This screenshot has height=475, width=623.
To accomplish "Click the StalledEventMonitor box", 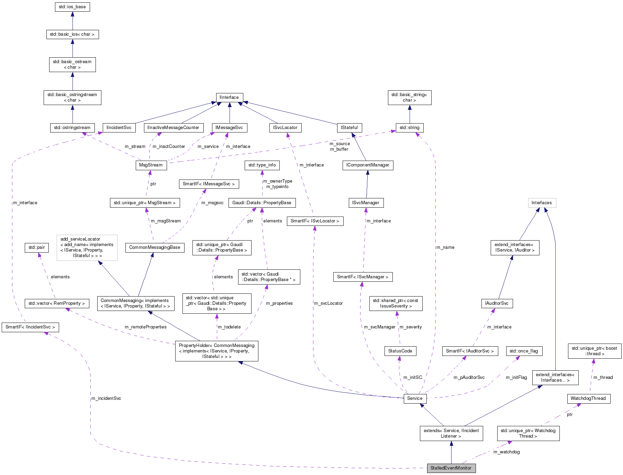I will pos(451,468).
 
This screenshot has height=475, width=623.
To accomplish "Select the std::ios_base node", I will pos(73,7).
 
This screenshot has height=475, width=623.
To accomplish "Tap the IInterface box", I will pos(229,97).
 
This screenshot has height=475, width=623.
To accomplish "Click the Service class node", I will pos(415,398).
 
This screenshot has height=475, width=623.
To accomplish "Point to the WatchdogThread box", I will pos(588,398).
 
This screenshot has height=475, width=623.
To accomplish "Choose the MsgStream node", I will pos(151,165).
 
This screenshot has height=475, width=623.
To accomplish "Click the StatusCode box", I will pos(400,351).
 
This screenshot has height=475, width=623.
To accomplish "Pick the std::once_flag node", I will pos(524,351).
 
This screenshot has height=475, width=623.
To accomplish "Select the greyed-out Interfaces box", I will pos(542,203).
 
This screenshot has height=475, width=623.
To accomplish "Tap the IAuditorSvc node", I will pos(497,303).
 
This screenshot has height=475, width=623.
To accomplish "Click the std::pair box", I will pos(36,247).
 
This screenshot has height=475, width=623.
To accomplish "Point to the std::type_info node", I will pos(262,165).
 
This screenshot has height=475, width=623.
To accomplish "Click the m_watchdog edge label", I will pos(507,452).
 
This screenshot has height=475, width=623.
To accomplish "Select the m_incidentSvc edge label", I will pos(106,398).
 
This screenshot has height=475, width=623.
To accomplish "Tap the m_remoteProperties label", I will pos(146,327).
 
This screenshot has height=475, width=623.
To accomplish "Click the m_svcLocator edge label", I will pos(329,303).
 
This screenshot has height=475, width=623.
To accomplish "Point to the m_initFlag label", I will pos(516,378).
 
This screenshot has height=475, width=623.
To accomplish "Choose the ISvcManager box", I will pos(366,203).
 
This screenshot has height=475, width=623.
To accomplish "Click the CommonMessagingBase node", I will pos(155,247).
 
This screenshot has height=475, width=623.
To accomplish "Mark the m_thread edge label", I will pos(603,378).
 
